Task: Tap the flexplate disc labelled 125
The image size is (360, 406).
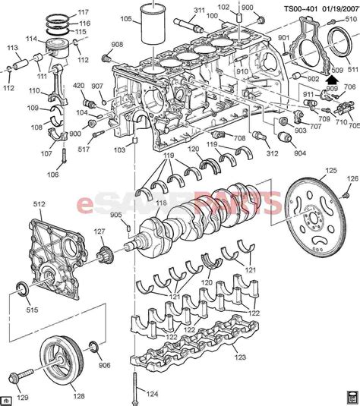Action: (x=316, y=221)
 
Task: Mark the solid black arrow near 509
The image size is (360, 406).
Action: (x=330, y=76)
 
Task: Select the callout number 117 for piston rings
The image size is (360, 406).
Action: (x=83, y=12)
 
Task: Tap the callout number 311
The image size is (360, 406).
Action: (x=199, y=11)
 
